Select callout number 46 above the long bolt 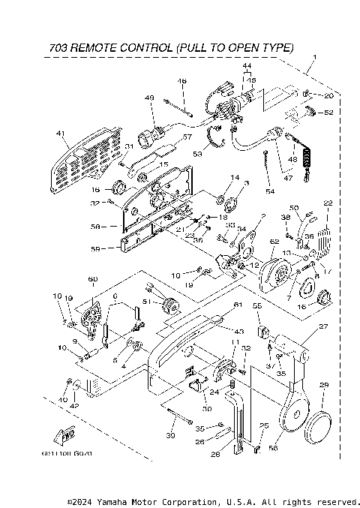pyautogui.click(x=181, y=81)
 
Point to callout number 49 pyautogui.click(x=149, y=98)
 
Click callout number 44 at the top pyautogui.click(x=246, y=67)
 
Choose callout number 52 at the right pyautogui.click(x=328, y=113)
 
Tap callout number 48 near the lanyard pyautogui.click(x=292, y=159)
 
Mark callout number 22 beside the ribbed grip pyautogui.click(x=327, y=203)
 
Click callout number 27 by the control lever pyautogui.click(x=324, y=326)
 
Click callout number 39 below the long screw pyautogui.click(x=170, y=437)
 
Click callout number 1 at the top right pyautogui.click(x=313, y=58)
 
